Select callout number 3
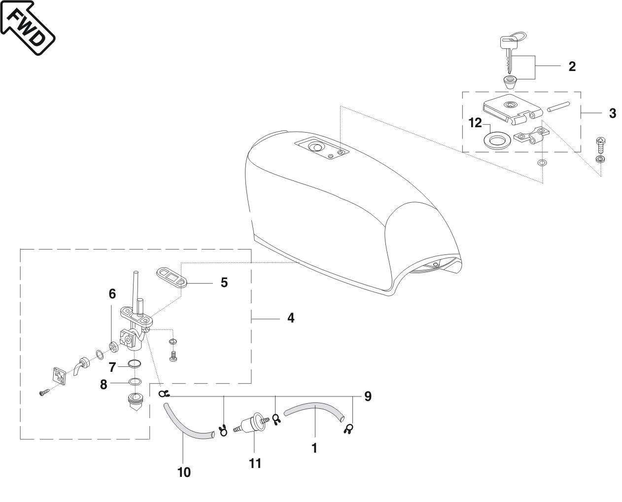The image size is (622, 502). (x=612, y=113)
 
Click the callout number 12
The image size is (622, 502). (x=475, y=123)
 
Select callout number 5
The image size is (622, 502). (x=224, y=283)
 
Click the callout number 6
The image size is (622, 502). (x=112, y=294)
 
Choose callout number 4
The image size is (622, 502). (x=291, y=318)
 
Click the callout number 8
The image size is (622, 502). (x=104, y=384)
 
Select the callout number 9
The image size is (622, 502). (x=368, y=396)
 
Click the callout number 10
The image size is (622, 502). (x=183, y=472)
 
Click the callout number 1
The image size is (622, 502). (x=314, y=448)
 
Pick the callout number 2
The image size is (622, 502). (x=572, y=66)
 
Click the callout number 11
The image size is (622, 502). (x=255, y=464)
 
